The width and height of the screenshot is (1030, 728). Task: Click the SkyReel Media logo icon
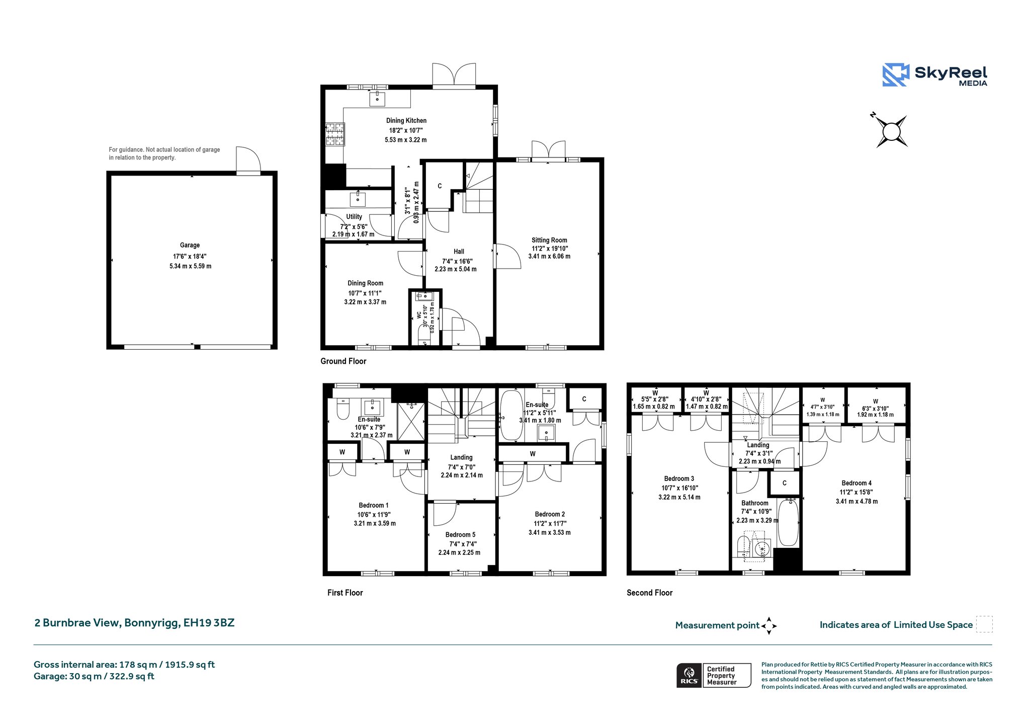pos(895,75)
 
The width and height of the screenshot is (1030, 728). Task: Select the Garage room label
pos(190,245)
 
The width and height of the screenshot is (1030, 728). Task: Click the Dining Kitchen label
pos(406,120)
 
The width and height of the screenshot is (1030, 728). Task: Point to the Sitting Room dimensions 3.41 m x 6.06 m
pos(549,256)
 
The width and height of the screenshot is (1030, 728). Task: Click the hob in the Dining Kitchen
pos(335,134)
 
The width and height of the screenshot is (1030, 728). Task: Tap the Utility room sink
pos(358,199)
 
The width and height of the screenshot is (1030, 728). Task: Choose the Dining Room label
pos(365,283)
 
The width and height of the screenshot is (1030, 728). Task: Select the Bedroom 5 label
pos(460,535)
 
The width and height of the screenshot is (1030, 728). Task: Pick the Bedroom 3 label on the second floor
pos(679,478)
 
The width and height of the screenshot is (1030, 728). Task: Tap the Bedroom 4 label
pos(856,483)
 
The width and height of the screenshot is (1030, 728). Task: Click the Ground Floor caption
pos(344,361)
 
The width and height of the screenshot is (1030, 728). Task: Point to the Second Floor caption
pos(649,593)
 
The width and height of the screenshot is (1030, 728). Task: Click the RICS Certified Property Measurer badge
pos(714,675)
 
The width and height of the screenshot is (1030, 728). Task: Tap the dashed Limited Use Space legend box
pos(984,624)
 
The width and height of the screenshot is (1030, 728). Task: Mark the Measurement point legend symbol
pos(769,626)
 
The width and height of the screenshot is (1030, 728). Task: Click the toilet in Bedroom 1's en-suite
pos(343,410)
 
